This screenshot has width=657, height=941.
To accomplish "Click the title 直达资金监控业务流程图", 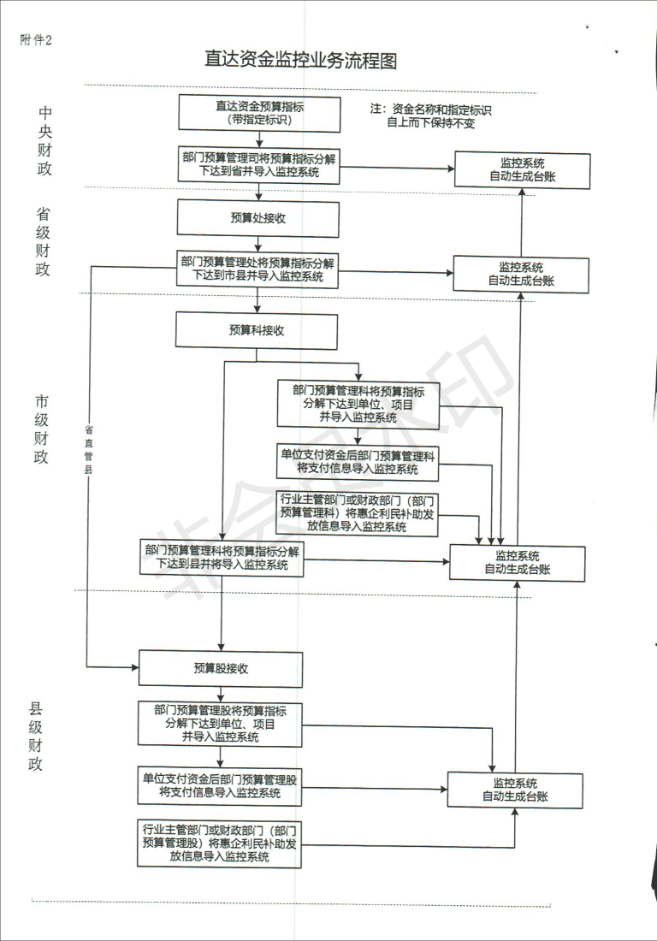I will (300, 60).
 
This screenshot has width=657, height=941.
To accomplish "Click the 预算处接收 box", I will (257, 217).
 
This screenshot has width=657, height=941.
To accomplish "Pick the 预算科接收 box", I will (257, 330).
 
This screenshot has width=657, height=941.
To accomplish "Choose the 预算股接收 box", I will (221, 668).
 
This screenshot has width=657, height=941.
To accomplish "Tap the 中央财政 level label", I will (44, 140).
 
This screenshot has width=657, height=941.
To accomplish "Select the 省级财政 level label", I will (43, 241).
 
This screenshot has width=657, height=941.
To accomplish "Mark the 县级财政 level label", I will (36, 736).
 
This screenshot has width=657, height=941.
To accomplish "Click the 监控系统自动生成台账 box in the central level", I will (522, 170).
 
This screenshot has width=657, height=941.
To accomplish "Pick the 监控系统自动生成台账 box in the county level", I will (515, 790).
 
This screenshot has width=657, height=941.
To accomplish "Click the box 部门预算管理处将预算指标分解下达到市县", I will (257, 269).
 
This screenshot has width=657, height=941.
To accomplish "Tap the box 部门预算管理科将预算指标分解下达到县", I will (222, 557).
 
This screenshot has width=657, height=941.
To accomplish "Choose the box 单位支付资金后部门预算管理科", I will (358, 462).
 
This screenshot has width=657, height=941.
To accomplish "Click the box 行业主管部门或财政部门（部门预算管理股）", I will (221, 843).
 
